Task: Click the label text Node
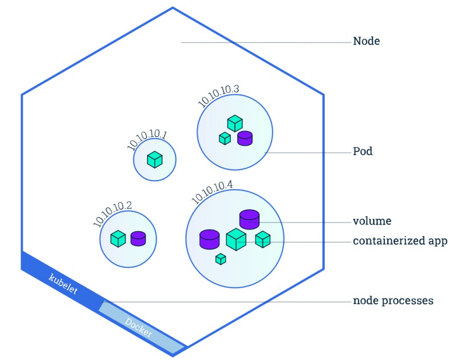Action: (x=366, y=42)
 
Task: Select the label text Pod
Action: (x=363, y=152)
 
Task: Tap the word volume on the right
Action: (x=371, y=221)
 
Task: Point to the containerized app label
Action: (x=399, y=241)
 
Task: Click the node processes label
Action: (x=393, y=301)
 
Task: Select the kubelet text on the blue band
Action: (x=62, y=282)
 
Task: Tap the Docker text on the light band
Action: (x=139, y=327)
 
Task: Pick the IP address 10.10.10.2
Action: (x=113, y=214)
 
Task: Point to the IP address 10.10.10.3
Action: (x=219, y=95)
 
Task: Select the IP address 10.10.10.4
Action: (x=212, y=190)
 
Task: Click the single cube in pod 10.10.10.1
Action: (x=155, y=160)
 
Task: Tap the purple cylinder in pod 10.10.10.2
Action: (x=138, y=238)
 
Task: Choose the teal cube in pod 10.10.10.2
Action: (x=118, y=238)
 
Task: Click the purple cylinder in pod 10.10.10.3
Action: (x=244, y=137)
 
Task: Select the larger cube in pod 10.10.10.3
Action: (x=235, y=123)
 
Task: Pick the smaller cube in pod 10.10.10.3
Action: (x=225, y=138)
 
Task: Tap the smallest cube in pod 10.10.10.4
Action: (x=220, y=259)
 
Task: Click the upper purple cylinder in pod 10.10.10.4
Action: (x=249, y=219)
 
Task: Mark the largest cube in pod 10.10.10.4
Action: (x=236, y=239)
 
